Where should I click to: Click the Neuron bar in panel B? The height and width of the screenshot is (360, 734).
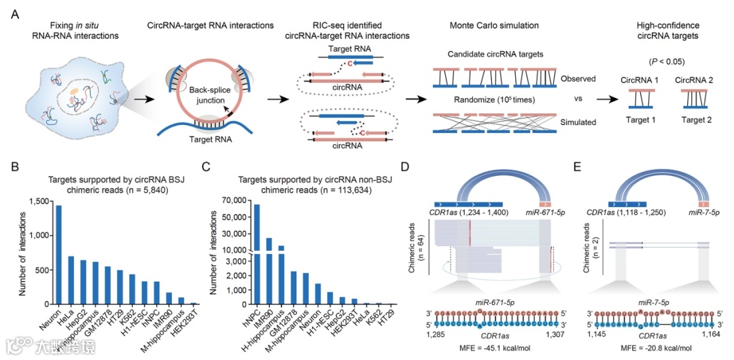coord(58,255)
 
